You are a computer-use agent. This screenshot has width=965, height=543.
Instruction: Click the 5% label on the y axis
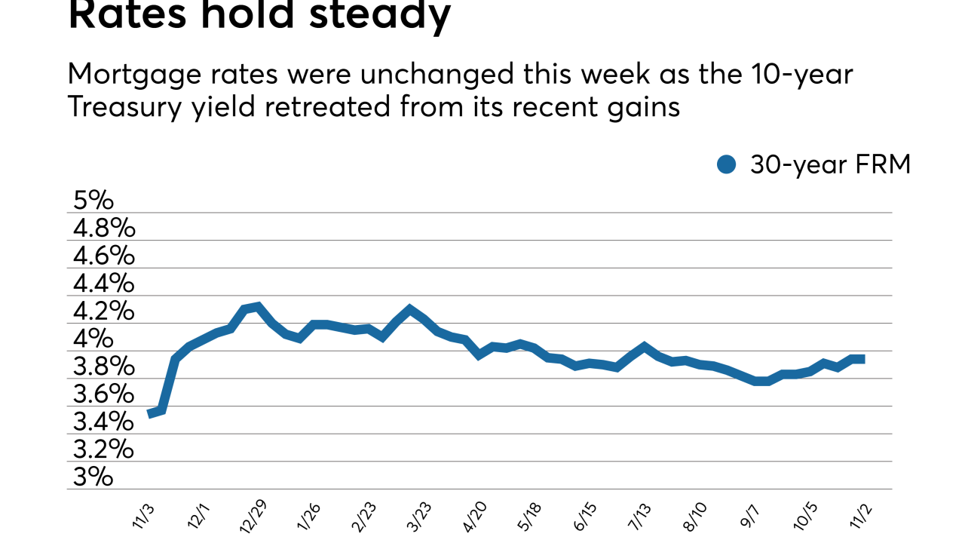coord(93,201)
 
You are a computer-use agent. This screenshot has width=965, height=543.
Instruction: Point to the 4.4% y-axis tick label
coord(103,284)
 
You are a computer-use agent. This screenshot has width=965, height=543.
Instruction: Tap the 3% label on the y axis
coord(93,477)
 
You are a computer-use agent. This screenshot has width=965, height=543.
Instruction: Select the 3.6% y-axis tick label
coord(103,394)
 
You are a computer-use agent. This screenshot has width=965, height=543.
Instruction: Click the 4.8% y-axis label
coord(103,229)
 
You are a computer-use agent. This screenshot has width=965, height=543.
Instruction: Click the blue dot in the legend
coord(726,164)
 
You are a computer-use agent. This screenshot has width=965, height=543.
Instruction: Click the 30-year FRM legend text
coord(830,164)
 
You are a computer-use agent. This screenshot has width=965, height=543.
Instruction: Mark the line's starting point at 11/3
coord(150,413)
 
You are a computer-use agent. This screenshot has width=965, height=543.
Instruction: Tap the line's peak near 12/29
coord(258,307)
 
